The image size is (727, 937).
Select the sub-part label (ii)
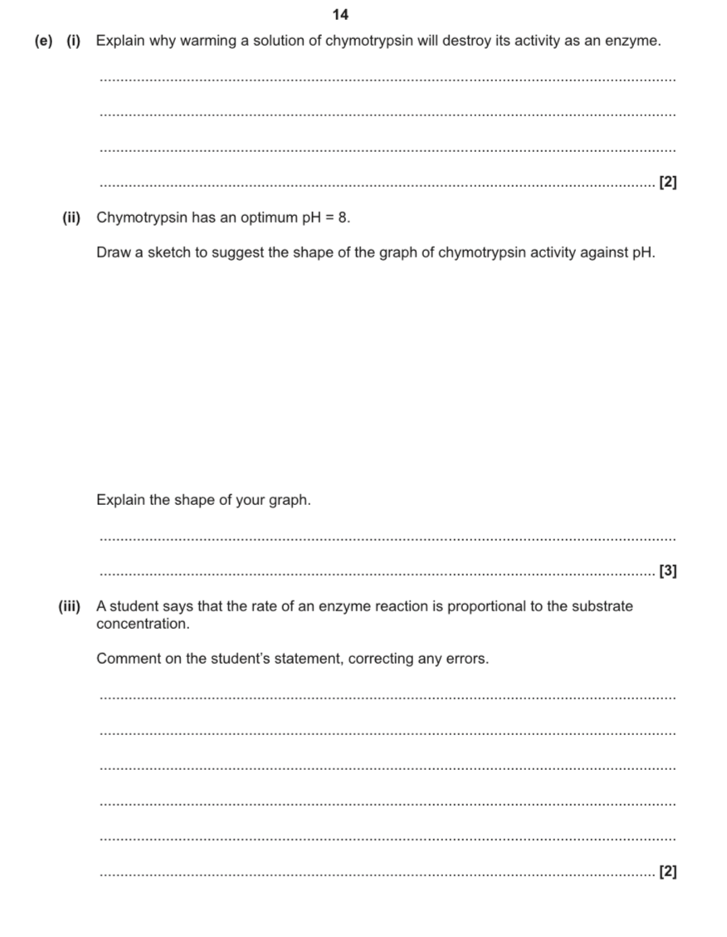[x=72, y=218]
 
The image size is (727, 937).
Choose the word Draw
[x=113, y=252]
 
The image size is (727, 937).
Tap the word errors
[x=466, y=660]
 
